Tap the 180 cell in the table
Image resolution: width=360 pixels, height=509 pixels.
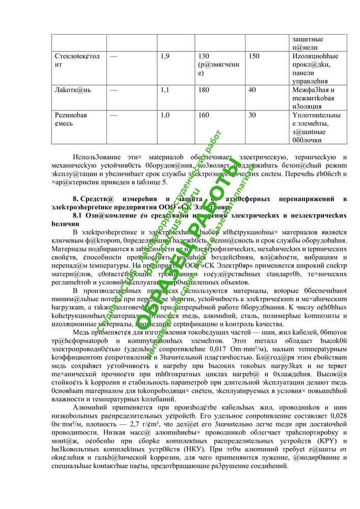click(x=204, y=90)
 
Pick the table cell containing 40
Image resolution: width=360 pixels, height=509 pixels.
click(x=252, y=90)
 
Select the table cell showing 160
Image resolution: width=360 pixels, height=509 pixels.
click(x=204, y=115)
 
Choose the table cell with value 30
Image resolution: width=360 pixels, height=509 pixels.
click(x=252, y=115)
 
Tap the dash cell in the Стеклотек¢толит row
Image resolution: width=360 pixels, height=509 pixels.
click(x=113, y=56)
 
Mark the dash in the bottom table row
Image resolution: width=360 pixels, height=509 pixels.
click(x=113, y=115)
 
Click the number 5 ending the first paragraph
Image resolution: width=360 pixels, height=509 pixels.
click(x=165, y=182)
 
